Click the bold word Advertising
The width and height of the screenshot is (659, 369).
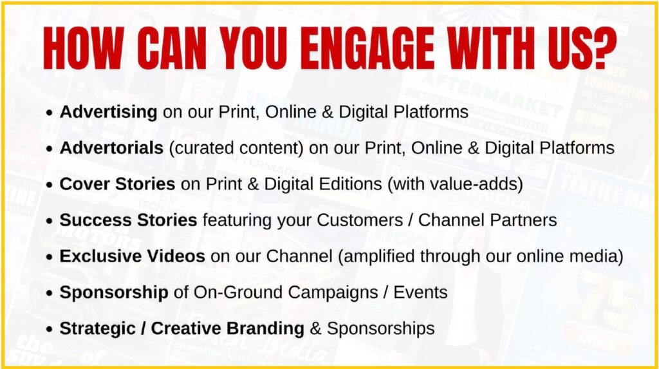[x=108, y=112]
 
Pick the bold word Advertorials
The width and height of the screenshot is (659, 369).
[x=111, y=148]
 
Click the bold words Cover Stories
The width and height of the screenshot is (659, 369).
[x=117, y=184]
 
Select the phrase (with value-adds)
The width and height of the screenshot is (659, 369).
[x=455, y=185]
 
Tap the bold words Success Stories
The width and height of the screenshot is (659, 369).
[x=128, y=220]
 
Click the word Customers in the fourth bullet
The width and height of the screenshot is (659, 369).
[x=360, y=220]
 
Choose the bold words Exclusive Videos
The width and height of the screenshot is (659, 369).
[x=132, y=256]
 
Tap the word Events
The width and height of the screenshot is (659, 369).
[x=420, y=292]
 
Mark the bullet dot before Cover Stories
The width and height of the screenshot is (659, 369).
[x=50, y=185]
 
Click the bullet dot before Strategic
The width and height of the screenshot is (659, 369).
[x=50, y=330]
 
